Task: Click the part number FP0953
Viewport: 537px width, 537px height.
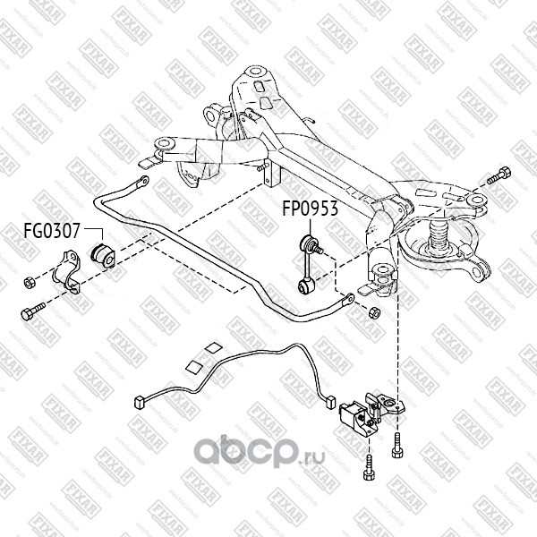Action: point(310,212)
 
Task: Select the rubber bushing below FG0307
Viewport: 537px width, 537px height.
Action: point(100,254)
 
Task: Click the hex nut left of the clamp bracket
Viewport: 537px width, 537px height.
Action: point(30,280)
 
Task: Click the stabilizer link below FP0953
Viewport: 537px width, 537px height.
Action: point(307,264)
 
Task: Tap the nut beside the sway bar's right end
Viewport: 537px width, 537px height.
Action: point(374,311)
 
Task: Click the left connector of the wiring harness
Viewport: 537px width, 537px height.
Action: point(139,401)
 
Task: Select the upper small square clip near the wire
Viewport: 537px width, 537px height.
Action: point(212,348)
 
